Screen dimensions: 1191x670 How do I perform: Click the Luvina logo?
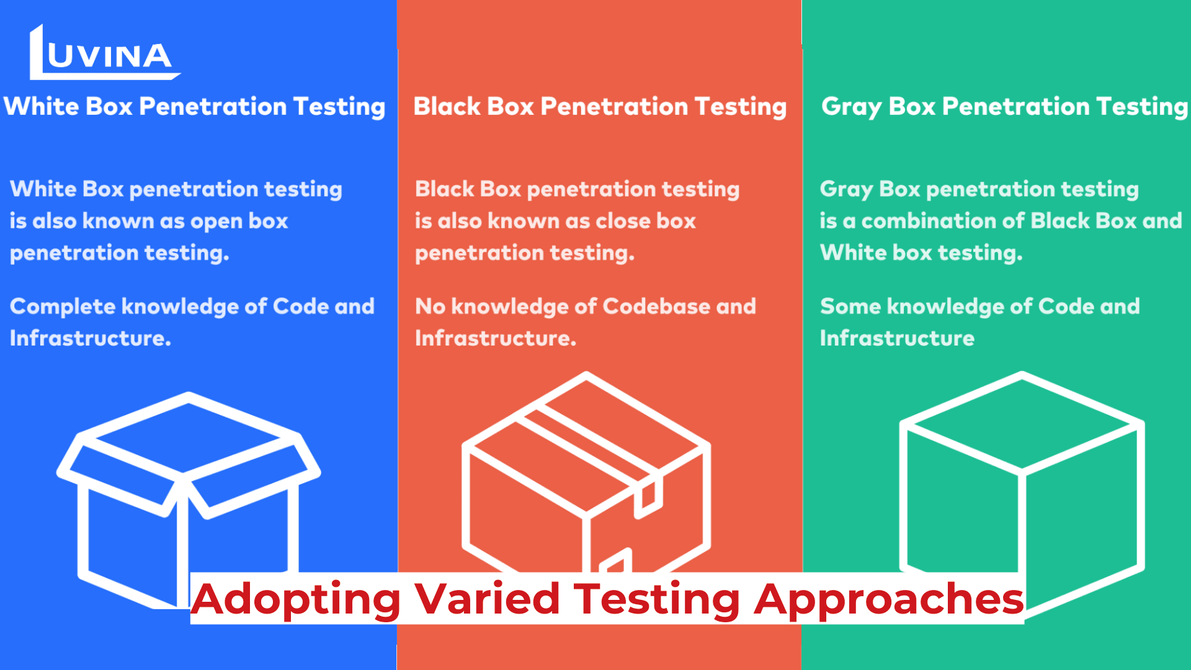pyautogui.click(x=104, y=53)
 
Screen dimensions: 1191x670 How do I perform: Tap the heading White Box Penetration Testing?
pyautogui.click(x=195, y=107)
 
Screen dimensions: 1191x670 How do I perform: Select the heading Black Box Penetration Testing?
pyautogui.click(x=600, y=107)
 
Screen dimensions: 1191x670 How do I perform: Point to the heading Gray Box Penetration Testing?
pyautogui.click(x=1004, y=107)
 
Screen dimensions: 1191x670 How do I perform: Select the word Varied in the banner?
pyautogui.click(x=488, y=599)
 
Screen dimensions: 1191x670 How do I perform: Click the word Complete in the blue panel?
pyautogui.click(x=63, y=307)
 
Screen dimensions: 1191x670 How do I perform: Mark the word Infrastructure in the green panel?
pyautogui.click(x=897, y=338)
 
